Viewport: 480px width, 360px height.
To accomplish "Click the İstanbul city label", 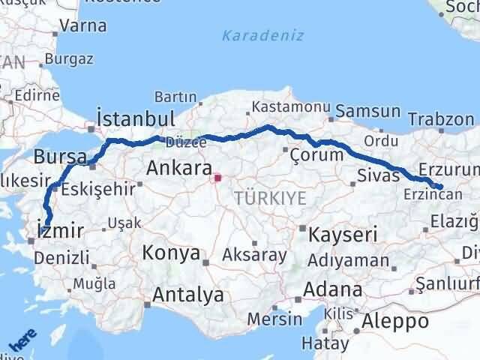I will [136, 118].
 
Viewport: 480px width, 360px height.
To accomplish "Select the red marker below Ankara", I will [217, 178].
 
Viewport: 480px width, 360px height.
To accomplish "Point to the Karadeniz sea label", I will [252, 34].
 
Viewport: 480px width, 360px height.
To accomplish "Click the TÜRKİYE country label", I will [270, 198].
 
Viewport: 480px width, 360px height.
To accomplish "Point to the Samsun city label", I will [368, 111].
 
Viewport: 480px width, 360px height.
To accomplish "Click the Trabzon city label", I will [442, 119].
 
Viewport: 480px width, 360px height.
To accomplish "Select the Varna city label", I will [82, 25].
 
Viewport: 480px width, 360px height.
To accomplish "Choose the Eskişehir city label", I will [98, 189].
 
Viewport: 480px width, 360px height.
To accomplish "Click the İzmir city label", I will [56, 231].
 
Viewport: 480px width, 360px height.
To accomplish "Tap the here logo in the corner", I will [22, 343].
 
